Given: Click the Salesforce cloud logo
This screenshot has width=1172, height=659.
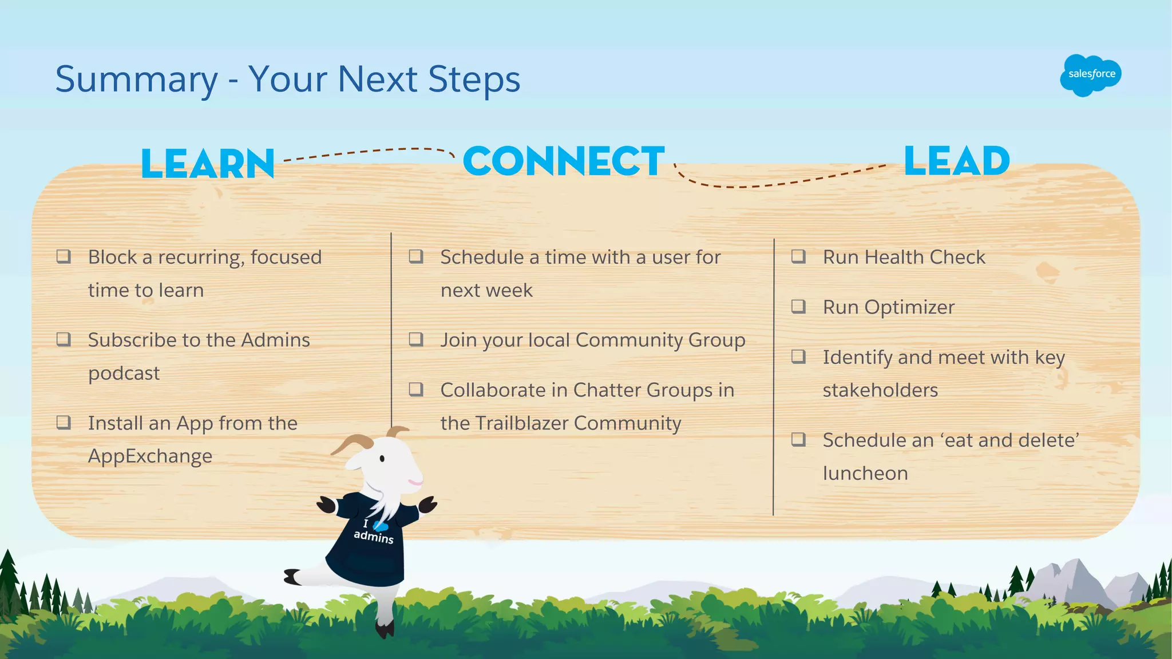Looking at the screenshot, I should tap(1090, 75).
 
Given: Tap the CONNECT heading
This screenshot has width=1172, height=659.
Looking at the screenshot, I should tap(564, 161).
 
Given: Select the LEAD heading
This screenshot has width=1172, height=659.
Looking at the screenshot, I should tap(957, 161).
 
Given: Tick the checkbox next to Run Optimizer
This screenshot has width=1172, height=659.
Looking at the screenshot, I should tap(798, 306).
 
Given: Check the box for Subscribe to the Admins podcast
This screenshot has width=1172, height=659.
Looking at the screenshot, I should tap(64, 339).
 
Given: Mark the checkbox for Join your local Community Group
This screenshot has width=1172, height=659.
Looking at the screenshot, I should tap(416, 339).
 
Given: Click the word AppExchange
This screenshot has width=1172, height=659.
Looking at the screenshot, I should tap(150, 456).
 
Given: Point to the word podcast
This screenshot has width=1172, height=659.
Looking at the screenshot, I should tap(124, 374).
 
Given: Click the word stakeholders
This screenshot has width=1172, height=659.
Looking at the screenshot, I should tap(880, 391).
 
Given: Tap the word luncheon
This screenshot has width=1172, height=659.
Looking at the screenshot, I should tap(865, 474).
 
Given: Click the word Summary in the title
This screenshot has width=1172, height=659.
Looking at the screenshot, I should tap(136, 79).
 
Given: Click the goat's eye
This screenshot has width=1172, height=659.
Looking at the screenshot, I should tap(382, 458).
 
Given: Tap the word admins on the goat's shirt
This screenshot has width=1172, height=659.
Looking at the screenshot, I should tap(373, 537).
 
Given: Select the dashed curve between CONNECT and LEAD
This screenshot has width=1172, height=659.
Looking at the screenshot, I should tap(773, 183).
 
